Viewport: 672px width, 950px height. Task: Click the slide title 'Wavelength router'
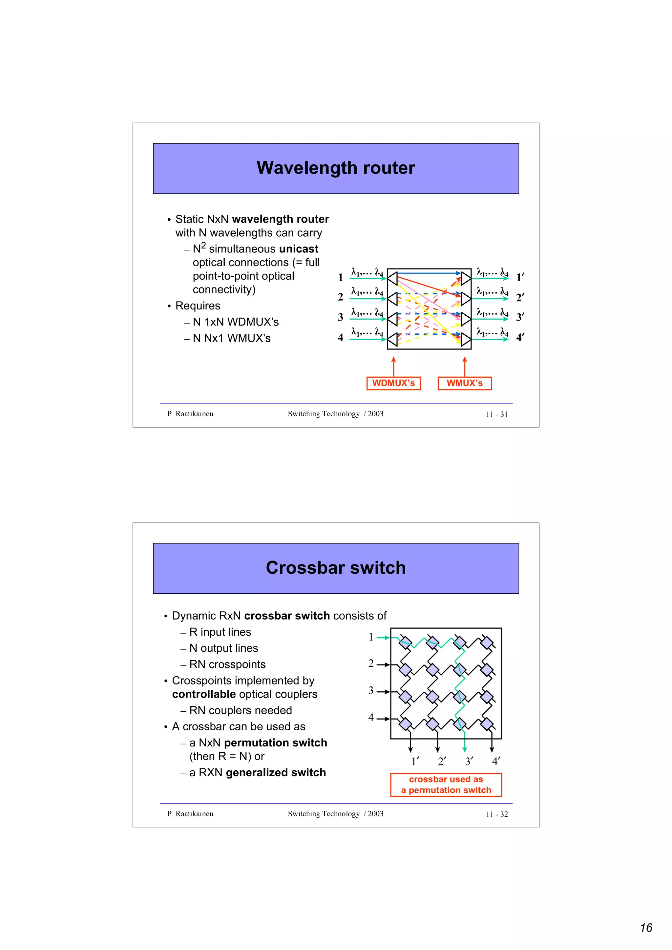[335, 168]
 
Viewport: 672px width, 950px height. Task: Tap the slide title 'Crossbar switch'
[335, 568]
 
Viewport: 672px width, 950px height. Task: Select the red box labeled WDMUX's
[393, 383]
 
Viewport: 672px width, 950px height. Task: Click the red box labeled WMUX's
[465, 383]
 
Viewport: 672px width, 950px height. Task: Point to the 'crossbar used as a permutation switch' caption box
[446, 784]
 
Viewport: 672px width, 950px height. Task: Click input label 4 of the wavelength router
[340, 338]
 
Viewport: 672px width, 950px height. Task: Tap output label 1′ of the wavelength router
[520, 278]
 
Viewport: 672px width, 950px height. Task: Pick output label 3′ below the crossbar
[469, 761]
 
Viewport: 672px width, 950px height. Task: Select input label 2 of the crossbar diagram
[371, 664]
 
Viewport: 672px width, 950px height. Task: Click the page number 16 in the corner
[646, 928]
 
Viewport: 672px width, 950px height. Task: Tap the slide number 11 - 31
[496, 414]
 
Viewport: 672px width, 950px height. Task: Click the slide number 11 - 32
[496, 814]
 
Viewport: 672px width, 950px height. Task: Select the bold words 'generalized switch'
[276, 773]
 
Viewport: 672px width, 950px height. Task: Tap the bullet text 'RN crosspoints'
[227, 664]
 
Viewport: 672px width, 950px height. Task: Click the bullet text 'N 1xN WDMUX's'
[236, 322]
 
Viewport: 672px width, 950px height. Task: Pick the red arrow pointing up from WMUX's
[465, 366]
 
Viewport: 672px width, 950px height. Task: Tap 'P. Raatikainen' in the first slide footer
[190, 414]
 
